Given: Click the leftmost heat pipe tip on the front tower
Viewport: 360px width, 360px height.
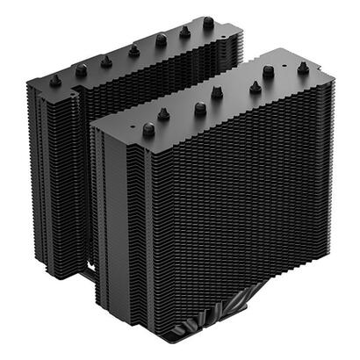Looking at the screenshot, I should coord(148,129).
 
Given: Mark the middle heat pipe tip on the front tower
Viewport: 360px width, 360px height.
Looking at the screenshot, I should coord(200,107).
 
